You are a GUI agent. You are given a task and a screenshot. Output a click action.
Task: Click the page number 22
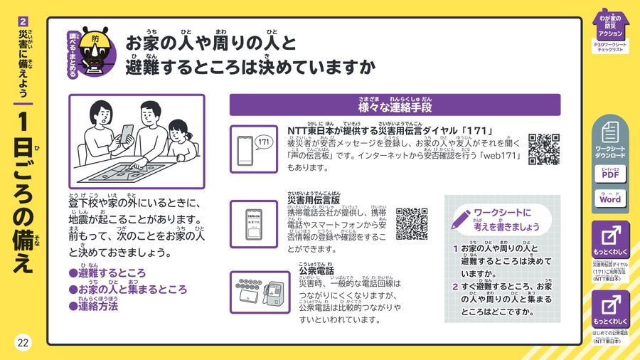23,343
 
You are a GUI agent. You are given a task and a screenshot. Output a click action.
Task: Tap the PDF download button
609,174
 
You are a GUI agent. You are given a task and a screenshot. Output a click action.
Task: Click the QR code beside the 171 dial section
544,149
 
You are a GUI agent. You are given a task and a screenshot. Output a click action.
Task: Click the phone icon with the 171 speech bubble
254,149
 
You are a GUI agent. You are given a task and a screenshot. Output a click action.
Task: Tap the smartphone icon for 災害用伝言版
254,223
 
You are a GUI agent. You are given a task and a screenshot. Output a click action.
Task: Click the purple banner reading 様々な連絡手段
395,105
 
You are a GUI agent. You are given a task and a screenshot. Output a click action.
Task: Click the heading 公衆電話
316,271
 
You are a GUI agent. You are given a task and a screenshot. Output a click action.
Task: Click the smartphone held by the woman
128,134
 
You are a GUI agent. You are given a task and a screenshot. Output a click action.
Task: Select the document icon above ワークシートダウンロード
609,133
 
